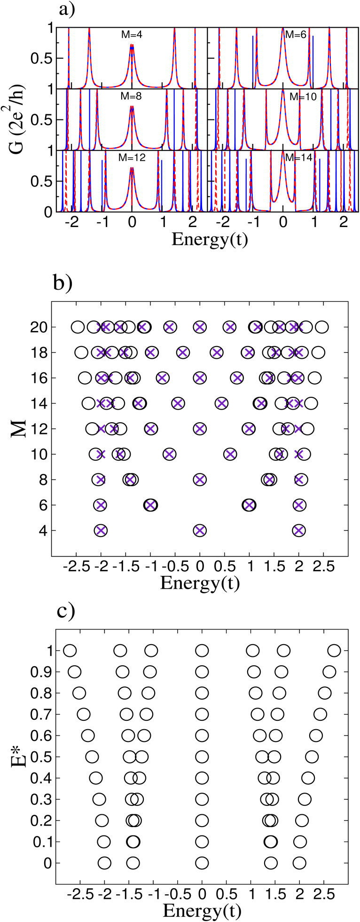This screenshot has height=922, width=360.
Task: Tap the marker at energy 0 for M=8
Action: [200, 480]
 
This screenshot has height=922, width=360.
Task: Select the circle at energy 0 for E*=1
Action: [202, 651]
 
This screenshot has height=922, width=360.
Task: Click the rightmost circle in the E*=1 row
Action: [334, 651]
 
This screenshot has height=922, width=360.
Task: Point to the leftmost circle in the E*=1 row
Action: [70, 651]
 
